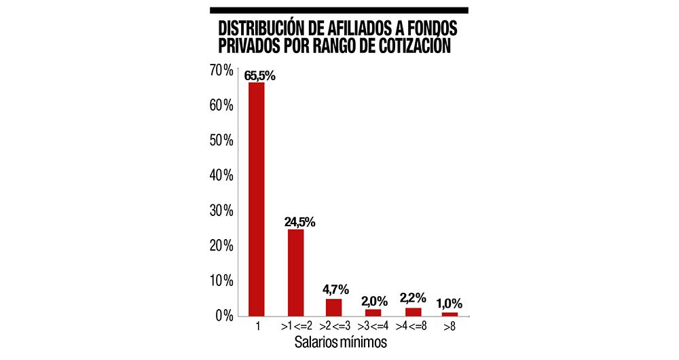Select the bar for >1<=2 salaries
295,272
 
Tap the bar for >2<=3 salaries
334,307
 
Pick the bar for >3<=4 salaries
373,312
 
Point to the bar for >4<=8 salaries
413,311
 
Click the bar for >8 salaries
449,313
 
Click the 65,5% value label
261,76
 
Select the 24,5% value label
299,222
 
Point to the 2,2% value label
414,298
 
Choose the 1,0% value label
450,304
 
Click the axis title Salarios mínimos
340,342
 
